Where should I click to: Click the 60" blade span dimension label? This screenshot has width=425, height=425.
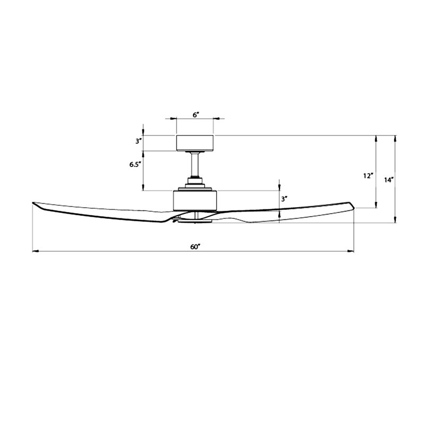click(x=195, y=246)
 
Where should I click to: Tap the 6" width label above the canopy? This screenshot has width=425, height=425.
click(x=195, y=114)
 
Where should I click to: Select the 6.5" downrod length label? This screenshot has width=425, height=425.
click(x=134, y=165)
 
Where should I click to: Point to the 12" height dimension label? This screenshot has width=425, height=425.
click(x=368, y=176)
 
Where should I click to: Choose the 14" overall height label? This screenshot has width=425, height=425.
click(x=388, y=180)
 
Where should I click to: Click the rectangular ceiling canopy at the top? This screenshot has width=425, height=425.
click(x=194, y=143)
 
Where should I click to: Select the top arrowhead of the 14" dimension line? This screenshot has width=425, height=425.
click(x=395, y=138)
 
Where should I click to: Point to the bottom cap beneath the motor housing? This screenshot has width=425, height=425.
click(x=195, y=218)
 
